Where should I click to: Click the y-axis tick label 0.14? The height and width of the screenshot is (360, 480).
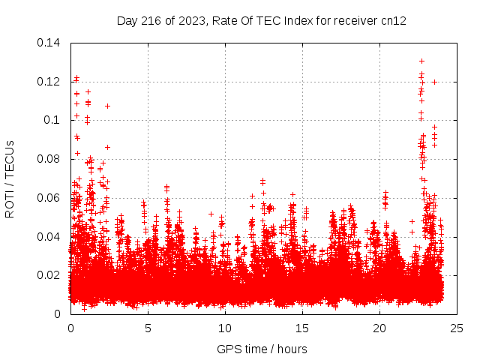tap(52, 43)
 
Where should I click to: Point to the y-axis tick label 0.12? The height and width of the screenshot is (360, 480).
tap(52, 82)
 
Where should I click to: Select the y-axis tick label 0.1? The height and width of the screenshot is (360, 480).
tap(55, 120)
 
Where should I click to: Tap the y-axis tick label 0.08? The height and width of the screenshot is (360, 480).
tap(52, 159)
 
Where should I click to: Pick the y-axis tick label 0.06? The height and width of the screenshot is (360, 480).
tap(52, 198)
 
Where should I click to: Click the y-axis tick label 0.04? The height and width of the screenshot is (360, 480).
tap(52, 237)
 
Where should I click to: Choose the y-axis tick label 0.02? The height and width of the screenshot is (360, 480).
tap(52, 275)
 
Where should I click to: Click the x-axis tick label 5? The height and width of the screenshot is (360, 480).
tap(148, 328)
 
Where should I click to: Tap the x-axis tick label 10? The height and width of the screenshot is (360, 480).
tap(225, 328)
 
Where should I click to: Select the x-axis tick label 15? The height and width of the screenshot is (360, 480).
tap(302, 328)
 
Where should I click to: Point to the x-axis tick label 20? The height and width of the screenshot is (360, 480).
tap(379, 328)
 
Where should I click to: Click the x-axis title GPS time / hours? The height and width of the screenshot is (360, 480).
tap(262, 349)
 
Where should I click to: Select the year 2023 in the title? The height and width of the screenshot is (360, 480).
tap(191, 20)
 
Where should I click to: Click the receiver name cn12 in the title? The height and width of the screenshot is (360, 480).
tap(394, 20)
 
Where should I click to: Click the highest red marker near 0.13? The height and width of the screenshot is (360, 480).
tap(421, 61)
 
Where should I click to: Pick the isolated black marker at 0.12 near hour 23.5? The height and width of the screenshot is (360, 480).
tap(434, 82)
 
